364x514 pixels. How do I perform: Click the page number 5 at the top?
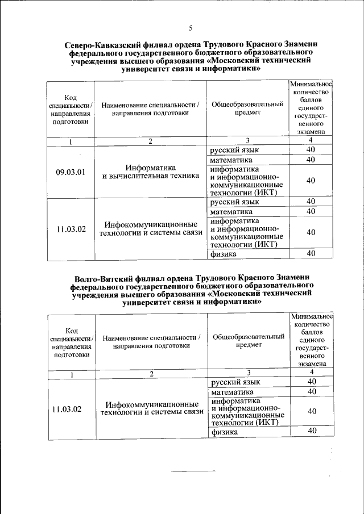[x=191, y=28]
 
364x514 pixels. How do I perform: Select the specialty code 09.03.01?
[x=71, y=173]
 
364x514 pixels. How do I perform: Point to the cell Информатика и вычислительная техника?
[x=150, y=172]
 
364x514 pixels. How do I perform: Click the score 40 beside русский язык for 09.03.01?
[x=311, y=150]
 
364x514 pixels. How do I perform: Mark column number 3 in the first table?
[x=248, y=141]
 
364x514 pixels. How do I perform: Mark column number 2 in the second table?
[x=151, y=374]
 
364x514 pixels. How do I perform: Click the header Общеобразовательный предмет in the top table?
[x=247, y=108]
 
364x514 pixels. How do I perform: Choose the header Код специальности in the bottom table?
[x=72, y=342]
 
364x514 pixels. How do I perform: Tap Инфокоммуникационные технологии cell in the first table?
[x=151, y=228]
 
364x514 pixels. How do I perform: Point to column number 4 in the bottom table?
[x=311, y=372]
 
